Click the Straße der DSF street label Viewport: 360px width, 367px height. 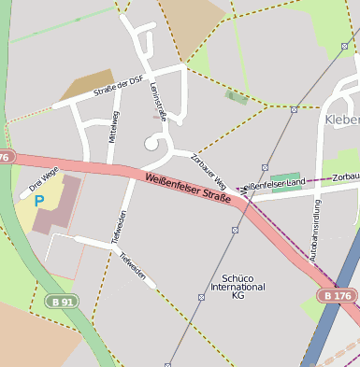117,90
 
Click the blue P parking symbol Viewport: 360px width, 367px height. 39,200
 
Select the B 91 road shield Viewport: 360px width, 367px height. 63,301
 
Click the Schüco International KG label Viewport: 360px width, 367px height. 238,286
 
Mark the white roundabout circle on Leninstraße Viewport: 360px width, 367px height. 151,143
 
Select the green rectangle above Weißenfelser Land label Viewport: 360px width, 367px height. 285,176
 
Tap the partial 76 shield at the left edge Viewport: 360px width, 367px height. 5,157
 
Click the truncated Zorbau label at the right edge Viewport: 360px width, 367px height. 345,176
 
